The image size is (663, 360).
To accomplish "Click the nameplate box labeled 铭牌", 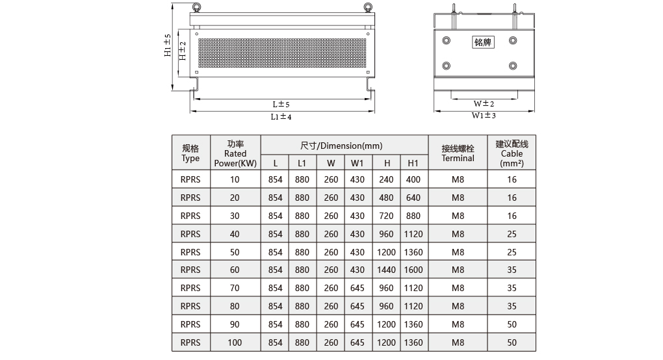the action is (483, 42).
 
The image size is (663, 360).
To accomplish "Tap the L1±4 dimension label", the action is (281, 116).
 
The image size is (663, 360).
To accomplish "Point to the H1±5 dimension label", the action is (168, 45).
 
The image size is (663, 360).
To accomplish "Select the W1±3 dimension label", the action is (484, 116).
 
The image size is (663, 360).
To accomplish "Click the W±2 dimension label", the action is (484, 103).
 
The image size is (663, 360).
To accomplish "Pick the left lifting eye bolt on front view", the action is (196, 7).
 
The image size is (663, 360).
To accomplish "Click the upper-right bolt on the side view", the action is (513, 40).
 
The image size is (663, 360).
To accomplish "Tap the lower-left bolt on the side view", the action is (446, 66).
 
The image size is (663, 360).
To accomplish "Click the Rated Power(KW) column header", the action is (235, 153).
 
